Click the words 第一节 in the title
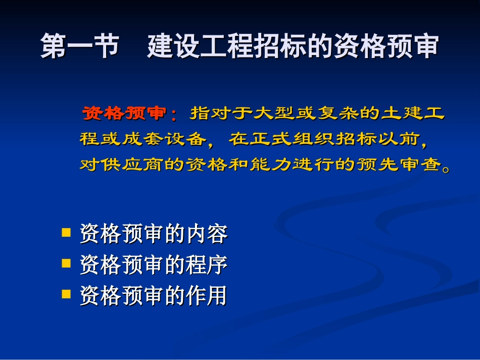80,46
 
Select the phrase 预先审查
400,165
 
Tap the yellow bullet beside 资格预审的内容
66,232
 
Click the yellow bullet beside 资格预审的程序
66,263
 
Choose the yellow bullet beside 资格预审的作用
66,294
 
